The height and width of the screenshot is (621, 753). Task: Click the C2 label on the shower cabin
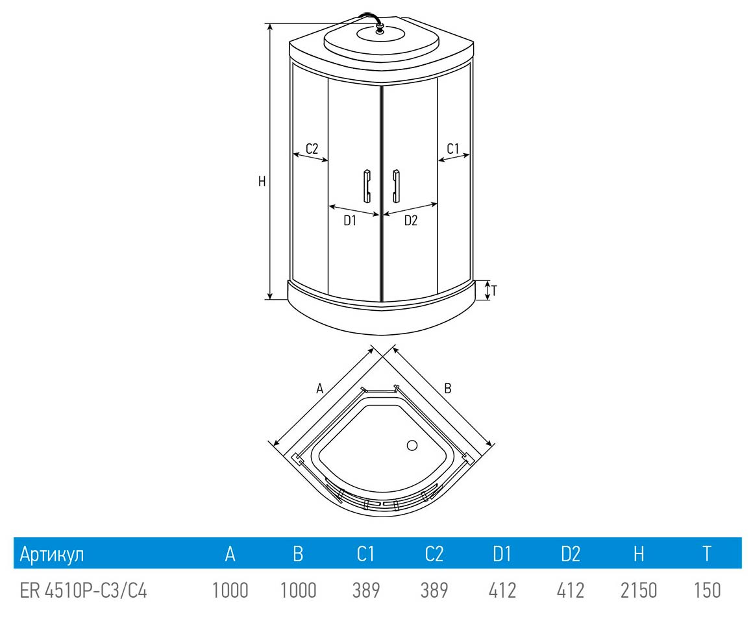[x=312, y=149]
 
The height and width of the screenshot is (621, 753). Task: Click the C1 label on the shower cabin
[x=453, y=149]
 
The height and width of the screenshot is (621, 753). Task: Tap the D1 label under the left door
[x=350, y=220]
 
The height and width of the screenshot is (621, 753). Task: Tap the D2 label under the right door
[x=411, y=220]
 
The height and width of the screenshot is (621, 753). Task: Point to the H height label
[x=262, y=182]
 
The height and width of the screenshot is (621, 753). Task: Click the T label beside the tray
[x=494, y=290]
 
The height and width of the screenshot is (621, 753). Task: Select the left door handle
[x=367, y=186]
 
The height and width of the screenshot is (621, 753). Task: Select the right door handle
[x=396, y=186]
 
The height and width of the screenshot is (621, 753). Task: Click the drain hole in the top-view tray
[x=412, y=445]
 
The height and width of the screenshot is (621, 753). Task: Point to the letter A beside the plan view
[x=320, y=388]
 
